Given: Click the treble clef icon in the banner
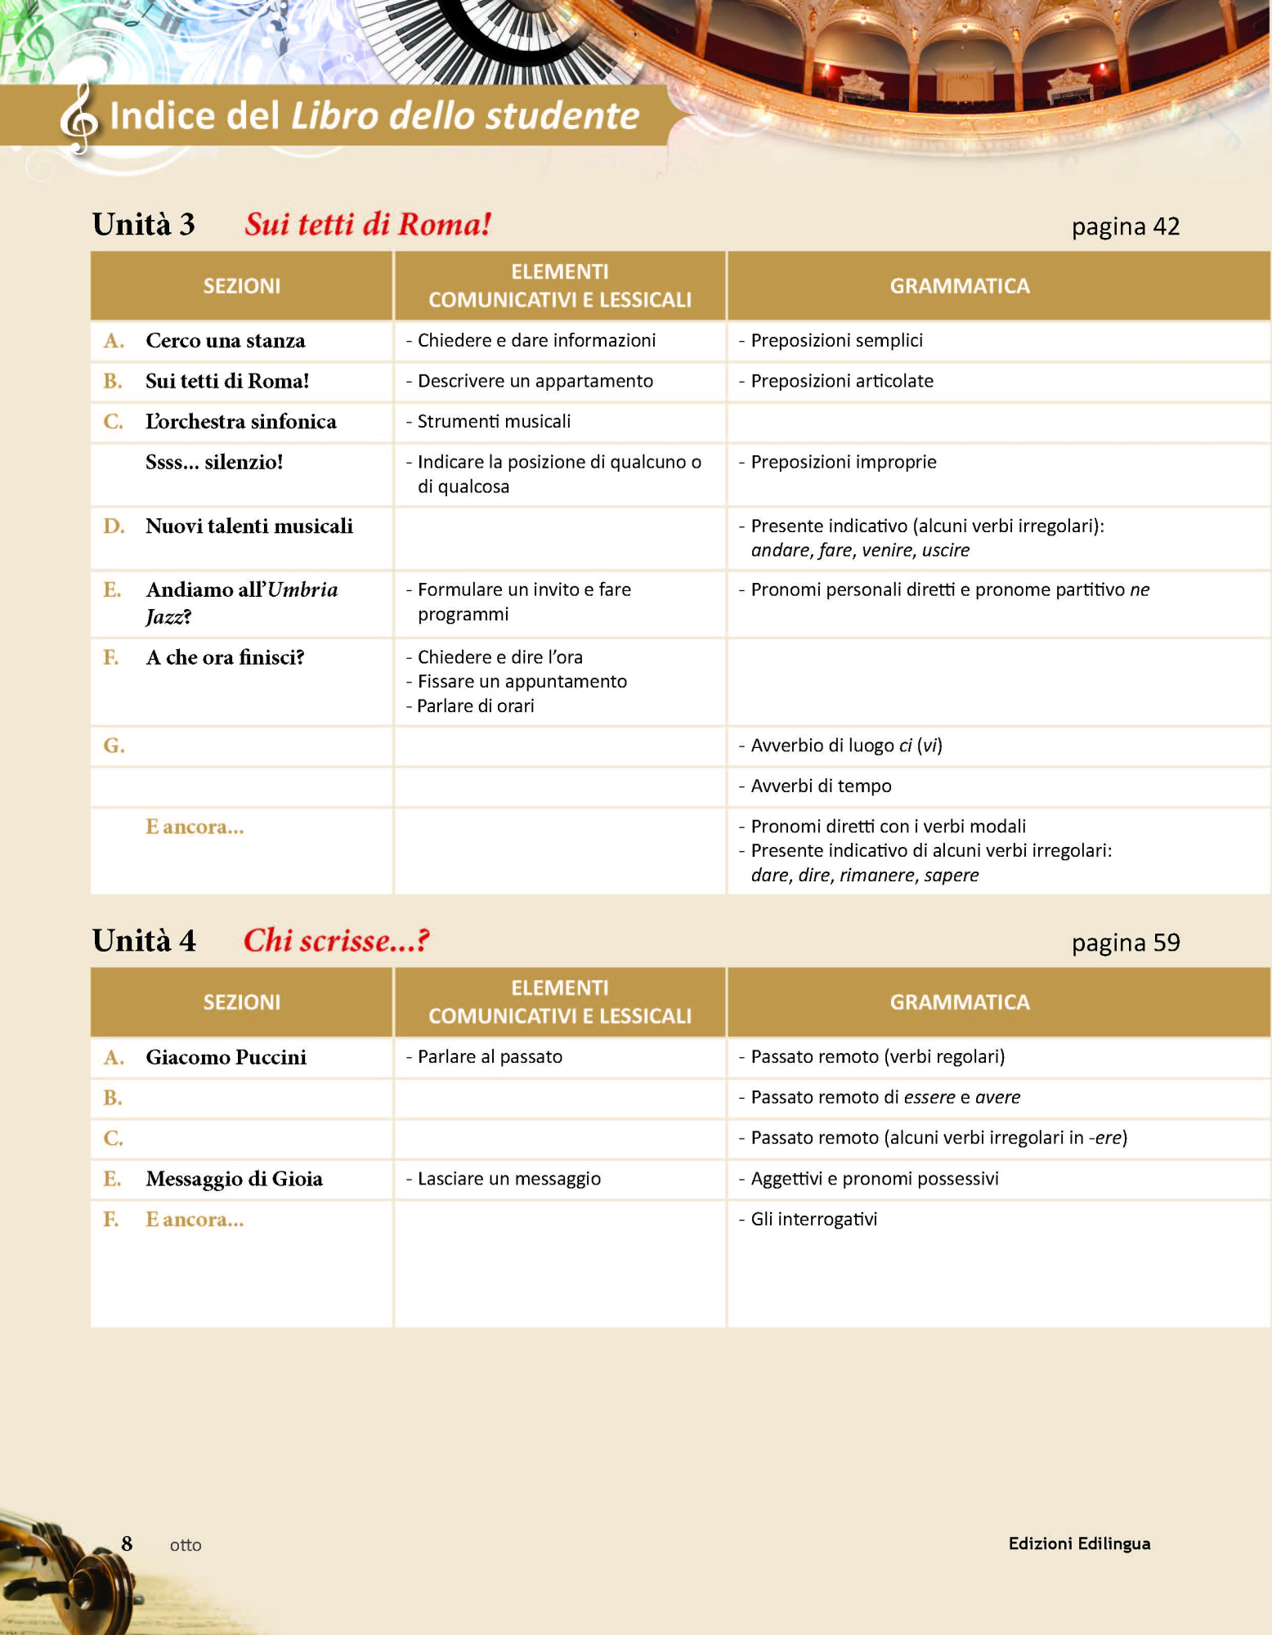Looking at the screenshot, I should (78, 119).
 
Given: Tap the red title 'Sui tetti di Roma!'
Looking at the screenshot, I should (368, 224).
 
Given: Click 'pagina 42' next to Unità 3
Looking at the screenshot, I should (1125, 226).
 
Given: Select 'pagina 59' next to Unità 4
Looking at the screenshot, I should (1125, 943).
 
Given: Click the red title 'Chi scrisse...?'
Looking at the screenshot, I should (336, 940).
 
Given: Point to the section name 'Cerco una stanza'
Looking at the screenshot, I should (225, 341).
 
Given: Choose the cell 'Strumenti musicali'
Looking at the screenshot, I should (493, 422).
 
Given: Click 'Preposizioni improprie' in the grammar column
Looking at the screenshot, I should (843, 462).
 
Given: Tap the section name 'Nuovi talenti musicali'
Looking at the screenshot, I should (249, 526).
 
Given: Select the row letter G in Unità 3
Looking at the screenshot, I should (114, 746).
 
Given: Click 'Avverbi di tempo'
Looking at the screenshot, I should (820, 786).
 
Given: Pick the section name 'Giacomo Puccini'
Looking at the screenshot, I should (226, 1057).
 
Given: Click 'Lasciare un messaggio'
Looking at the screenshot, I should (508, 1179).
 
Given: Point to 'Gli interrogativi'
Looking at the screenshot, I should (813, 1219).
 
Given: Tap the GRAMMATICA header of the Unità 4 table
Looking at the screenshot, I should (959, 1002).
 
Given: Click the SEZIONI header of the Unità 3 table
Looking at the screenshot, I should (241, 286).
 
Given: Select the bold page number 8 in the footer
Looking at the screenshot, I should (127, 1543).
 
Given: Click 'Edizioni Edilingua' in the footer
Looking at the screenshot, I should (1079, 1543).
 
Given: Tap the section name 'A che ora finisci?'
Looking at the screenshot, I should (225, 658).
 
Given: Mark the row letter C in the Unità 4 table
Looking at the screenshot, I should (113, 1138).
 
